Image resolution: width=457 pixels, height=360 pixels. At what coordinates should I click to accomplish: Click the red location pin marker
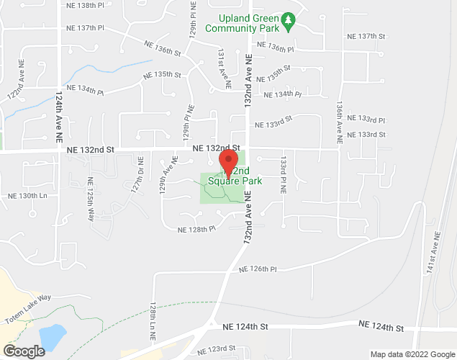[x=228, y=163]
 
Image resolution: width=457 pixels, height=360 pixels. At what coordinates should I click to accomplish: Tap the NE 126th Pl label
[x=258, y=269]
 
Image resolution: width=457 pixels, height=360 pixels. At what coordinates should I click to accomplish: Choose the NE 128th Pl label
[x=196, y=229]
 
